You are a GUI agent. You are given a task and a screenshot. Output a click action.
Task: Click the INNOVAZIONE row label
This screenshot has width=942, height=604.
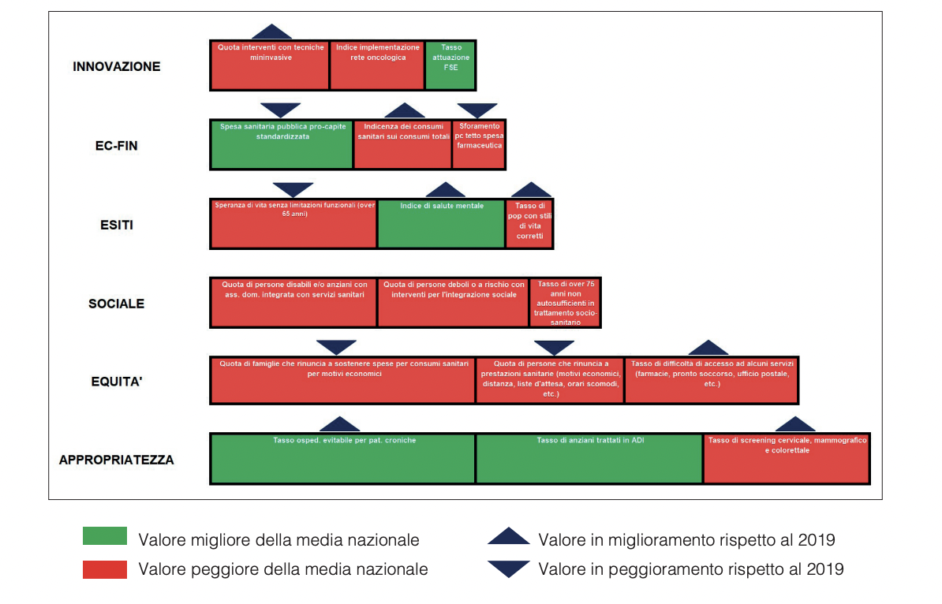pos(117,66)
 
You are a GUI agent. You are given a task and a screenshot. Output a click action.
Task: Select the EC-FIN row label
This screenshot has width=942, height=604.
pos(111,146)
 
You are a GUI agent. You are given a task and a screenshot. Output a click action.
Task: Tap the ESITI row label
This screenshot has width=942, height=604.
pos(117,225)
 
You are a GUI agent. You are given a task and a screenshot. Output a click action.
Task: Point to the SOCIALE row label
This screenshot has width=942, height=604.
pos(117,304)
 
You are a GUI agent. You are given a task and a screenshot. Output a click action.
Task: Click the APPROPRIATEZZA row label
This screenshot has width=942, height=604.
pos(117,460)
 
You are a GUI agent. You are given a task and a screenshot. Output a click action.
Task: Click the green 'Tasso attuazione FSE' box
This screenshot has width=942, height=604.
pos(450,65)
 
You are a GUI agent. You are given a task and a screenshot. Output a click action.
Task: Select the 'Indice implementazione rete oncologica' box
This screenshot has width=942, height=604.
pos(377,65)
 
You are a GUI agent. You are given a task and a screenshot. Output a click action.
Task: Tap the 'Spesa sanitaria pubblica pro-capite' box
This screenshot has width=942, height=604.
pos(281,145)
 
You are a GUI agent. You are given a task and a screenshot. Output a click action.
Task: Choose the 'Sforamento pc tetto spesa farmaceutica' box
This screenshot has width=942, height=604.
pos(478,145)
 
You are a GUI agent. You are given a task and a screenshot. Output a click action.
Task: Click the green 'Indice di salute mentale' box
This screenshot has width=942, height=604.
pos(441,224)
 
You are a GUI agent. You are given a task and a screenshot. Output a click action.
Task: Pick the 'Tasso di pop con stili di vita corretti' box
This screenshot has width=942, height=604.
pos(529,224)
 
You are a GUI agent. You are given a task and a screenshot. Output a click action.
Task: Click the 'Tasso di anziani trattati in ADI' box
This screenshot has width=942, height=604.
pos(589,459)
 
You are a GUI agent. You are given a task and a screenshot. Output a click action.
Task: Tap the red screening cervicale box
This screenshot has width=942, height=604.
pos(787,459)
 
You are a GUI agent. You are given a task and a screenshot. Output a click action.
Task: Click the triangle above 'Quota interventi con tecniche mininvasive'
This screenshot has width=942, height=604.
pos(271,32)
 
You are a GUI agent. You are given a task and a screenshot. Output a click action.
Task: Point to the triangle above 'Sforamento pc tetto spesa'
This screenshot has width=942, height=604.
pos(477,110)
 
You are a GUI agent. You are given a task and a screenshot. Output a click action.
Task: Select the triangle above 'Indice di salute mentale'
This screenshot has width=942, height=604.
pos(445,190)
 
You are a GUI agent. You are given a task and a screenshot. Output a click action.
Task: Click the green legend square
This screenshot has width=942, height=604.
pos(105,537)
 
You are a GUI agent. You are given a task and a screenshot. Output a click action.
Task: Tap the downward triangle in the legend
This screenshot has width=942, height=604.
pos(509,568)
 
